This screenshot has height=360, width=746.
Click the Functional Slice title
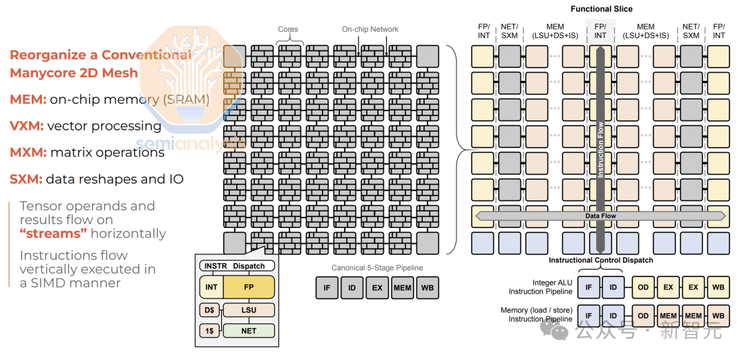(601, 9)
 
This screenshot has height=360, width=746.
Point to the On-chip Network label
(370, 30)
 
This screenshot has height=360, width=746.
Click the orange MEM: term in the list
(28, 100)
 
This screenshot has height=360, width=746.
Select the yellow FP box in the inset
(249, 287)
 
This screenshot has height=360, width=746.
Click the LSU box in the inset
(249, 310)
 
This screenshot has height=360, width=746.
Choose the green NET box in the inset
(249, 331)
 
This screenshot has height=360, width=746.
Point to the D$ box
(209, 310)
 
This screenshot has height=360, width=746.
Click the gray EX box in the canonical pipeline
(377, 287)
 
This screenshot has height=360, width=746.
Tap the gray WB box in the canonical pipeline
(428, 287)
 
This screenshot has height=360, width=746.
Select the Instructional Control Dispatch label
(601, 260)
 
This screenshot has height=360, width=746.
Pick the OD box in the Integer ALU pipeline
(643, 287)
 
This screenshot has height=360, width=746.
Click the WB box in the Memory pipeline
(718, 316)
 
